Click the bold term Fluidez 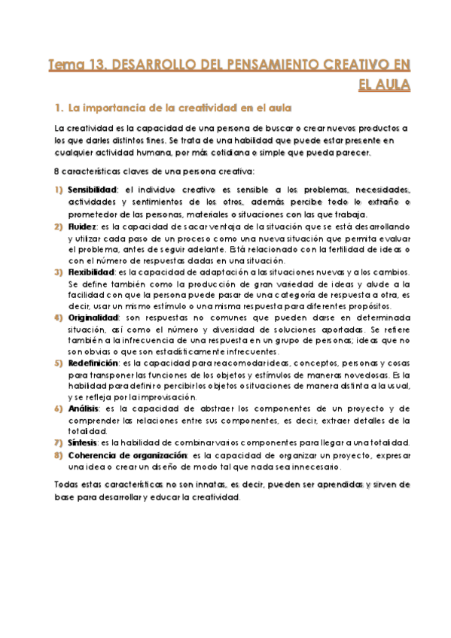point(82,225)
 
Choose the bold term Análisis point(83,408)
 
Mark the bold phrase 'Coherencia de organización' point(126,455)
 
